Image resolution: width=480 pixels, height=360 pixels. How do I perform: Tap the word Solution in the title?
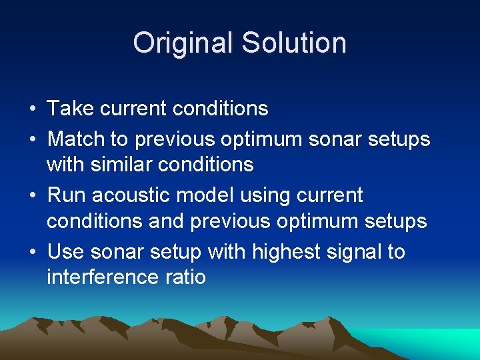(294, 43)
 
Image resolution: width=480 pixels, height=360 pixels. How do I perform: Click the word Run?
(66, 195)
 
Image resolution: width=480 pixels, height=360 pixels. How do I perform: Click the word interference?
(103, 277)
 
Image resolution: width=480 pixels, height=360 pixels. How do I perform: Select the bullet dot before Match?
(32, 140)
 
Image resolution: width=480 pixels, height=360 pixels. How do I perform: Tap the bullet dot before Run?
(32, 196)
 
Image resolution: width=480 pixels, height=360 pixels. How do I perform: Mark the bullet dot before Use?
(32, 253)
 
